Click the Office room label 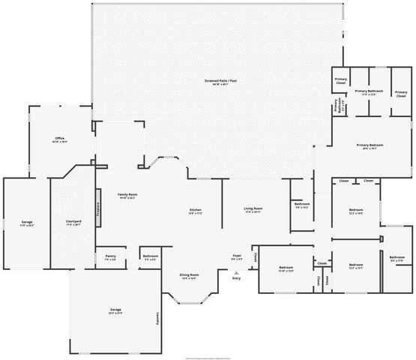[60, 140]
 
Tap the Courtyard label [73, 222]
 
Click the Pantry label [110, 256]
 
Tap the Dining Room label [189, 276]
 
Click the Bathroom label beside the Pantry [150, 257]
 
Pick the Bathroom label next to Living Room [302, 205]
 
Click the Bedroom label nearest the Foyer [286, 268]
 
